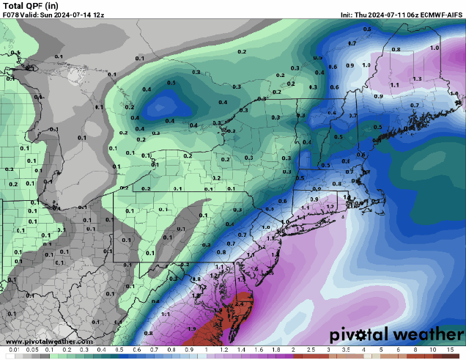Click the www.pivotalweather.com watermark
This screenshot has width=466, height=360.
pos(49,341)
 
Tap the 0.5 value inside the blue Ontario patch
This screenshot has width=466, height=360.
pos(171,83)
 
